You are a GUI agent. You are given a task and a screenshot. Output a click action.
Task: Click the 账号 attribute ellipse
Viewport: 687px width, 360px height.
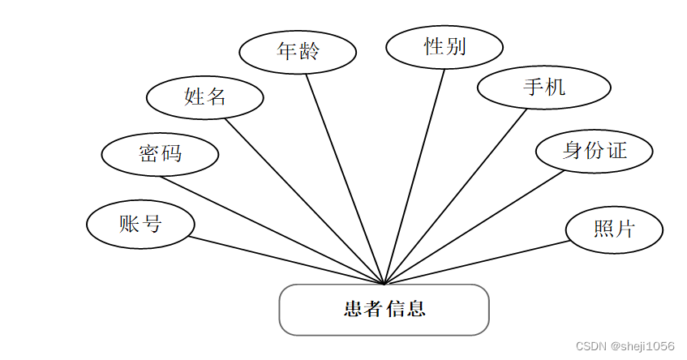[140, 224]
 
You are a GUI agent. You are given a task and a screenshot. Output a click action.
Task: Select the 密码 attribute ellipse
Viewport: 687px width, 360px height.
[160, 153]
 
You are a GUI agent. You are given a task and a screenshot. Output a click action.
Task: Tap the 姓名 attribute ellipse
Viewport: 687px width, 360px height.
[204, 97]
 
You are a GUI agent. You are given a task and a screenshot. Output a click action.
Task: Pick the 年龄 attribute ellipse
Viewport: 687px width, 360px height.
[298, 51]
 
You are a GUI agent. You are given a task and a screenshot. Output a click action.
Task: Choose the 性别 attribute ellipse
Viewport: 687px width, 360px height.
[444, 46]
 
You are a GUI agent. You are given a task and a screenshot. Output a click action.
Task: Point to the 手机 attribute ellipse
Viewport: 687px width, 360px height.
[543, 88]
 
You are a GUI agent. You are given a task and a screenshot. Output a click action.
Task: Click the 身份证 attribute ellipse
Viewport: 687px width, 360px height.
[595, 150]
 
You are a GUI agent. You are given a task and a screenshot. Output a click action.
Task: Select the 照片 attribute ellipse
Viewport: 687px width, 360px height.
[614, 229]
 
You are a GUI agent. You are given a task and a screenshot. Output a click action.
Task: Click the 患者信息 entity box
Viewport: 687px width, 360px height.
[384, 309]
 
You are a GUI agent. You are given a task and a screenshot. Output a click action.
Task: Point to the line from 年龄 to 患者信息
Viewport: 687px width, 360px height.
[345, 178]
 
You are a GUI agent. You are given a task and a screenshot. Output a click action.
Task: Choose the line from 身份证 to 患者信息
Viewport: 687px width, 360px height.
[474, 227]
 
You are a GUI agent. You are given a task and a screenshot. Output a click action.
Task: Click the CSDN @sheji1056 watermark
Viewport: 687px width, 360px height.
[624, 346]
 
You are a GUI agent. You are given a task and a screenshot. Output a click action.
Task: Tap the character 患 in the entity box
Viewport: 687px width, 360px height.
[353, 309]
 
